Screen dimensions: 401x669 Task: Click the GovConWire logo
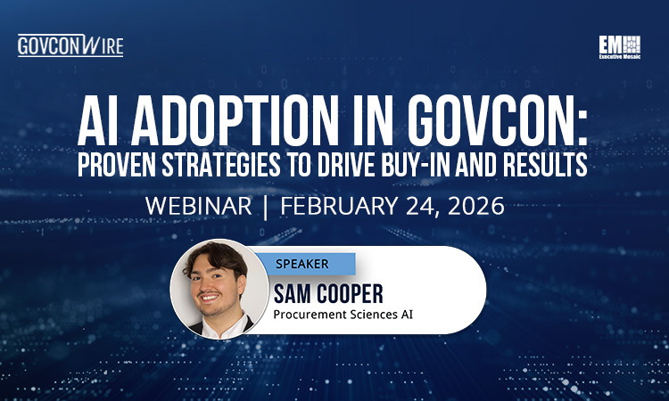(x=70, y=45)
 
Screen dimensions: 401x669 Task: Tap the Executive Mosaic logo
(x=621, y=47)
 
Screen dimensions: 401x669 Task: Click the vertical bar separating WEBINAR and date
(x=268, y=207)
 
